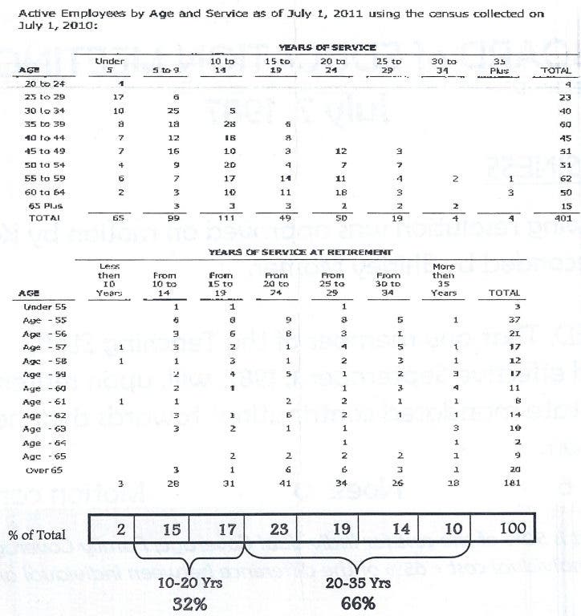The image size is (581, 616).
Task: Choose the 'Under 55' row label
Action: click(x=38, y=306)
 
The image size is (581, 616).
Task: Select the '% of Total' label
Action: click(x=38, y=533)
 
